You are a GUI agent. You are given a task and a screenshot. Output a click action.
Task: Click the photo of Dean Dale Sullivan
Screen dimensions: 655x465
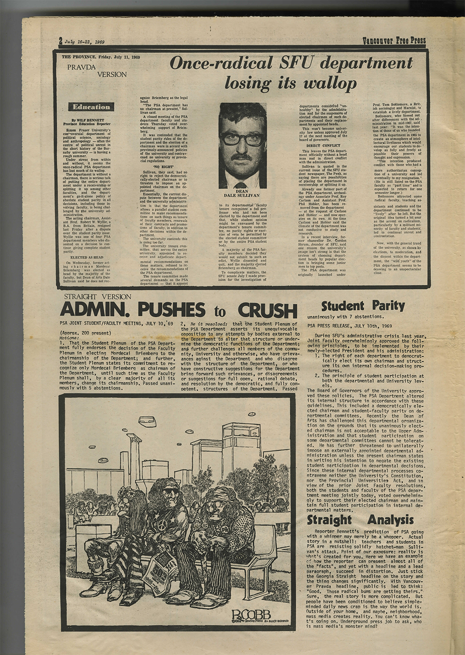[243, 145]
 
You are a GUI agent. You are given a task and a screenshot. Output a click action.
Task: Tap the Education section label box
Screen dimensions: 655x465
[91, 107]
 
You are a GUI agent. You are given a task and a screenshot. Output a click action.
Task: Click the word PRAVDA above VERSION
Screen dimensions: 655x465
[81, 67]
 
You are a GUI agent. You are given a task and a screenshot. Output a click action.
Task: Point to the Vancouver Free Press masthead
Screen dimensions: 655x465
[394, 40]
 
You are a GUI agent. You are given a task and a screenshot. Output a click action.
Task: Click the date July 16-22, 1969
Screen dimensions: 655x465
[84, 42]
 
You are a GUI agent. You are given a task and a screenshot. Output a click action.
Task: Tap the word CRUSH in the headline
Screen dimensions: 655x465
[267, 310]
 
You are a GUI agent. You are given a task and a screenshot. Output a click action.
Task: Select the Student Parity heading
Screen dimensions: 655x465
[363, 306]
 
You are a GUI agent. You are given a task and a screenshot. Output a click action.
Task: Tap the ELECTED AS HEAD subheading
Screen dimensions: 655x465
[87, 257]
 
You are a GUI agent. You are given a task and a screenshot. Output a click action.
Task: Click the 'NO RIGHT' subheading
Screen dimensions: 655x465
[163, 166]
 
